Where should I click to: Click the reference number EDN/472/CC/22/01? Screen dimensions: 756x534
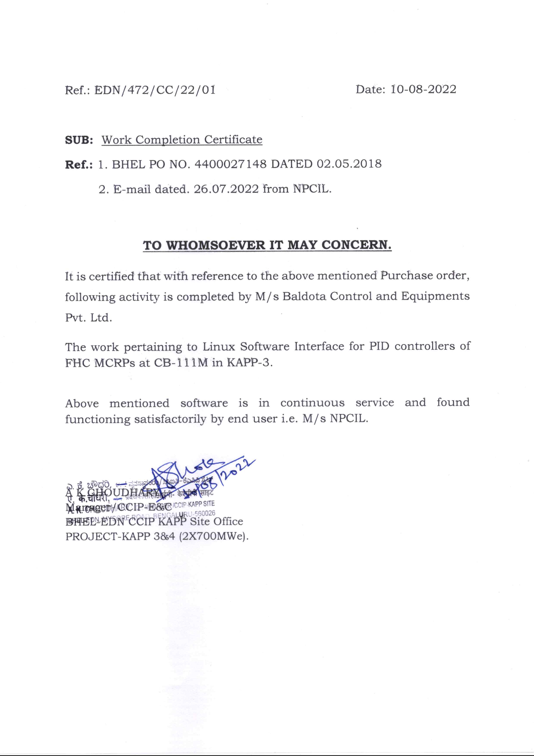[155, 90]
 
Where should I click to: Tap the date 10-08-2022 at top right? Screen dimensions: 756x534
[424, 89]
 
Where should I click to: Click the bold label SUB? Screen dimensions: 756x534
[79, 140]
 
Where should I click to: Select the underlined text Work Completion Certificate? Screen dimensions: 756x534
[182, 140]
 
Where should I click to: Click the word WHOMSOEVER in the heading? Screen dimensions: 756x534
[216, 245]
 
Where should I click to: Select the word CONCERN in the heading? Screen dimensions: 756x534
[356, 245]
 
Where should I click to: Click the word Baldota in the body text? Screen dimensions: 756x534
[304, 296]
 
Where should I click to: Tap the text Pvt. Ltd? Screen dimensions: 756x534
[88, 318]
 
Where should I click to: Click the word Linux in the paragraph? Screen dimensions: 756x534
[219, 347]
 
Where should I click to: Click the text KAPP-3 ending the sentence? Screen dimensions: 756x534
[250, 363]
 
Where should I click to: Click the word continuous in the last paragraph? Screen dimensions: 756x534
[312, 403]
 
